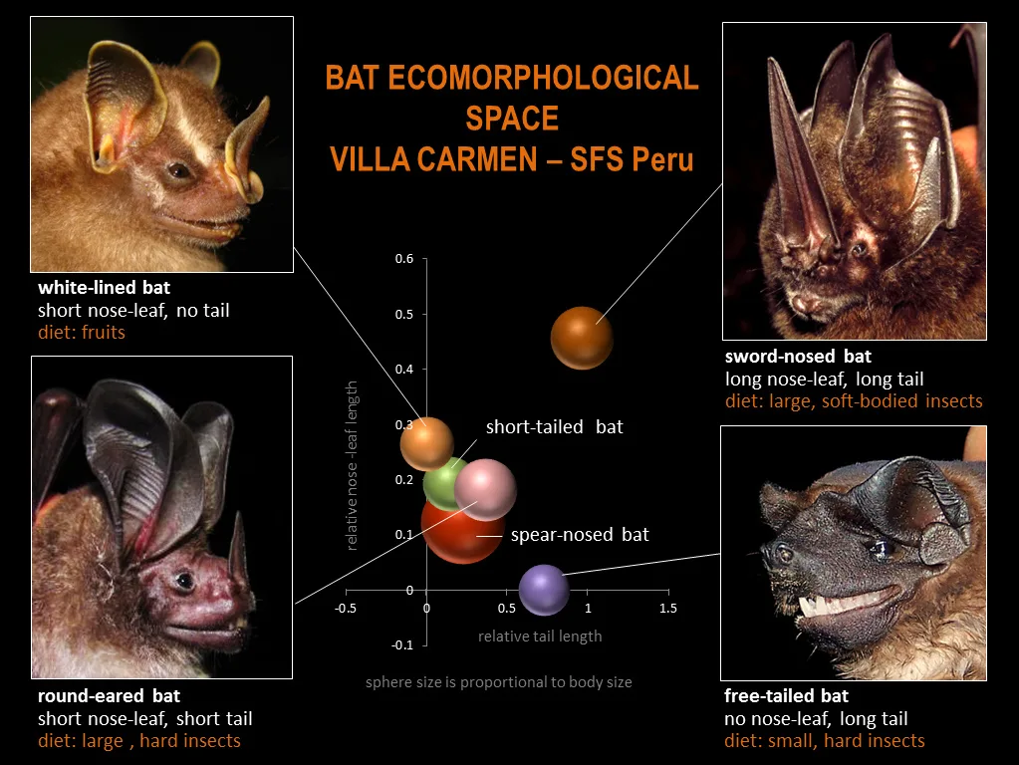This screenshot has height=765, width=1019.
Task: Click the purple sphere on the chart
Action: click(x=544, y=590)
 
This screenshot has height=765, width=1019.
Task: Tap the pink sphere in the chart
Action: click(x=485, y=489)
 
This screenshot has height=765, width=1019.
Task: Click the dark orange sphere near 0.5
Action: click(x=582, y=338)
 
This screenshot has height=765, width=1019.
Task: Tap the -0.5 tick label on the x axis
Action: click(x=345, y=609)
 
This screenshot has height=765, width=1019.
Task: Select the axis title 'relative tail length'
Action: click(x=540, y=637)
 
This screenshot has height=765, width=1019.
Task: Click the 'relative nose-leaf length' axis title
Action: click(x=352, y=465)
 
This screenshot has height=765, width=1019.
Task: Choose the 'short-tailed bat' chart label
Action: click(x=555, y=427)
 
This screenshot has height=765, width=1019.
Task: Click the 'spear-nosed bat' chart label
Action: click(x=580, y=535)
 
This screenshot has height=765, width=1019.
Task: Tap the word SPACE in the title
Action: click(x=512, y=119)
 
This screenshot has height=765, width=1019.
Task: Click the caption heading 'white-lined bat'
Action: click(x=104, y=287)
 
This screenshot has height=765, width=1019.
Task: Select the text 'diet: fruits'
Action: click(x=82, y=332)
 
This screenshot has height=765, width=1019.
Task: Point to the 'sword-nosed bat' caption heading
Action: click(x=798, y=357)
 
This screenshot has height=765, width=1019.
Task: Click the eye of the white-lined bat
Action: click(x=179, y=171)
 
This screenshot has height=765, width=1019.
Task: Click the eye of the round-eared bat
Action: click(x=184, y=579)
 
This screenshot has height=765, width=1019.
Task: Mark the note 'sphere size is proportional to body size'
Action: click(x=498, y=682)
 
